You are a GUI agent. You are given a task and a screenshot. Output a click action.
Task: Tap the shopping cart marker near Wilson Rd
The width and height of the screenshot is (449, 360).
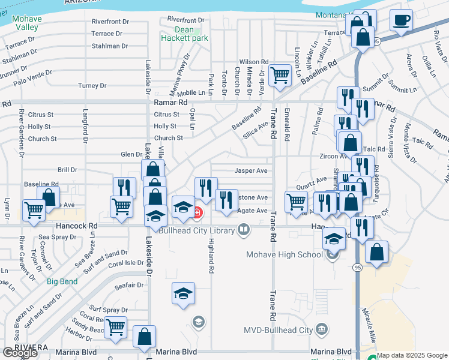280,76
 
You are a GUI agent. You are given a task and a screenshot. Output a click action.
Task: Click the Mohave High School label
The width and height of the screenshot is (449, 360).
285,254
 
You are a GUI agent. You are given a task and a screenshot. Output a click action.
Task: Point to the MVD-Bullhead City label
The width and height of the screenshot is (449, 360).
278,330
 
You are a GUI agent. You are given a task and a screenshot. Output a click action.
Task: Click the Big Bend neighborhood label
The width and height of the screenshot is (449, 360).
61,281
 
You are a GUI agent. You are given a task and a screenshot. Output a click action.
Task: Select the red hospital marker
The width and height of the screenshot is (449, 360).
197,212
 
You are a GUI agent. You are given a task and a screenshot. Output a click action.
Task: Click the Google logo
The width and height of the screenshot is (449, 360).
20,353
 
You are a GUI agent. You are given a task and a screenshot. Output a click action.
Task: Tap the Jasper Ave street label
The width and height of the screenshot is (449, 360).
250,170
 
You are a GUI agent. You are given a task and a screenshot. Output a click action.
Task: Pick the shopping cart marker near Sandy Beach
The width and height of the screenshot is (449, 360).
115,328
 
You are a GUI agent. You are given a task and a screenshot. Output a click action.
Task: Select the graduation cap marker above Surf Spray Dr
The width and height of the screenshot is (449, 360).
183,293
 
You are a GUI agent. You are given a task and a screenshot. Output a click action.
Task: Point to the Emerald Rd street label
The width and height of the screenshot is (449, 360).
288,125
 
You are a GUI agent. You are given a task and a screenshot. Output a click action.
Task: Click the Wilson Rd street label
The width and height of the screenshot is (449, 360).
253,62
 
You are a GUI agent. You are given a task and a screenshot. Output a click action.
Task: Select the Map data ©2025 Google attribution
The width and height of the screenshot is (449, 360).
412,355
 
